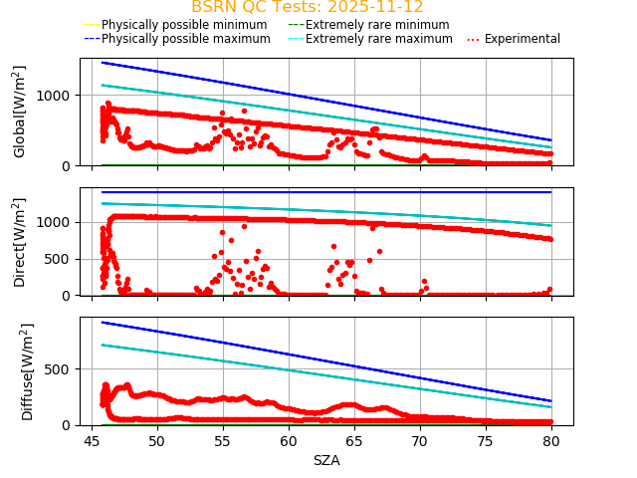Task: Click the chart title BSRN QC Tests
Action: point(307,7)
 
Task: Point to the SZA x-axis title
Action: point(326,460)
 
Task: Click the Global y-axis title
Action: point(20,112)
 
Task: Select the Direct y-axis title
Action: point(20,242)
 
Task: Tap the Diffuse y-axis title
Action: point(28,371)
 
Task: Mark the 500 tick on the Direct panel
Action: point(62,259)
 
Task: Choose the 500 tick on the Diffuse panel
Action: point(62,369)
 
